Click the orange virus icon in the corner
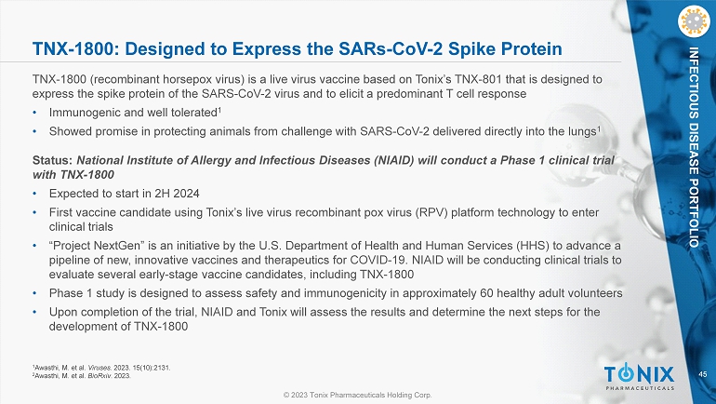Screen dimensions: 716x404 tap(694, 21)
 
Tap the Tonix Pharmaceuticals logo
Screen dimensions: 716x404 tap(640, 377)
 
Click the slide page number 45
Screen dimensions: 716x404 tap(703, 374)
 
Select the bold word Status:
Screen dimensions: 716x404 tap(52, 160)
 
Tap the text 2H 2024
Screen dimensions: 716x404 tap(177, 194)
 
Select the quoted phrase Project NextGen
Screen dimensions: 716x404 tap(97, 246)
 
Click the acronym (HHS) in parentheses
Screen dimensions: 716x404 tap(533, 246)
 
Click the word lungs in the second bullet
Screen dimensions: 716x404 tap(582, 131)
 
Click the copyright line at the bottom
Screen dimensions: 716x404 tap(358, 395)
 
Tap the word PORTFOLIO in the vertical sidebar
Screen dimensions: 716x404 tap(694, 213)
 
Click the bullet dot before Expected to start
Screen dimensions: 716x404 tap(34, 194)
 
